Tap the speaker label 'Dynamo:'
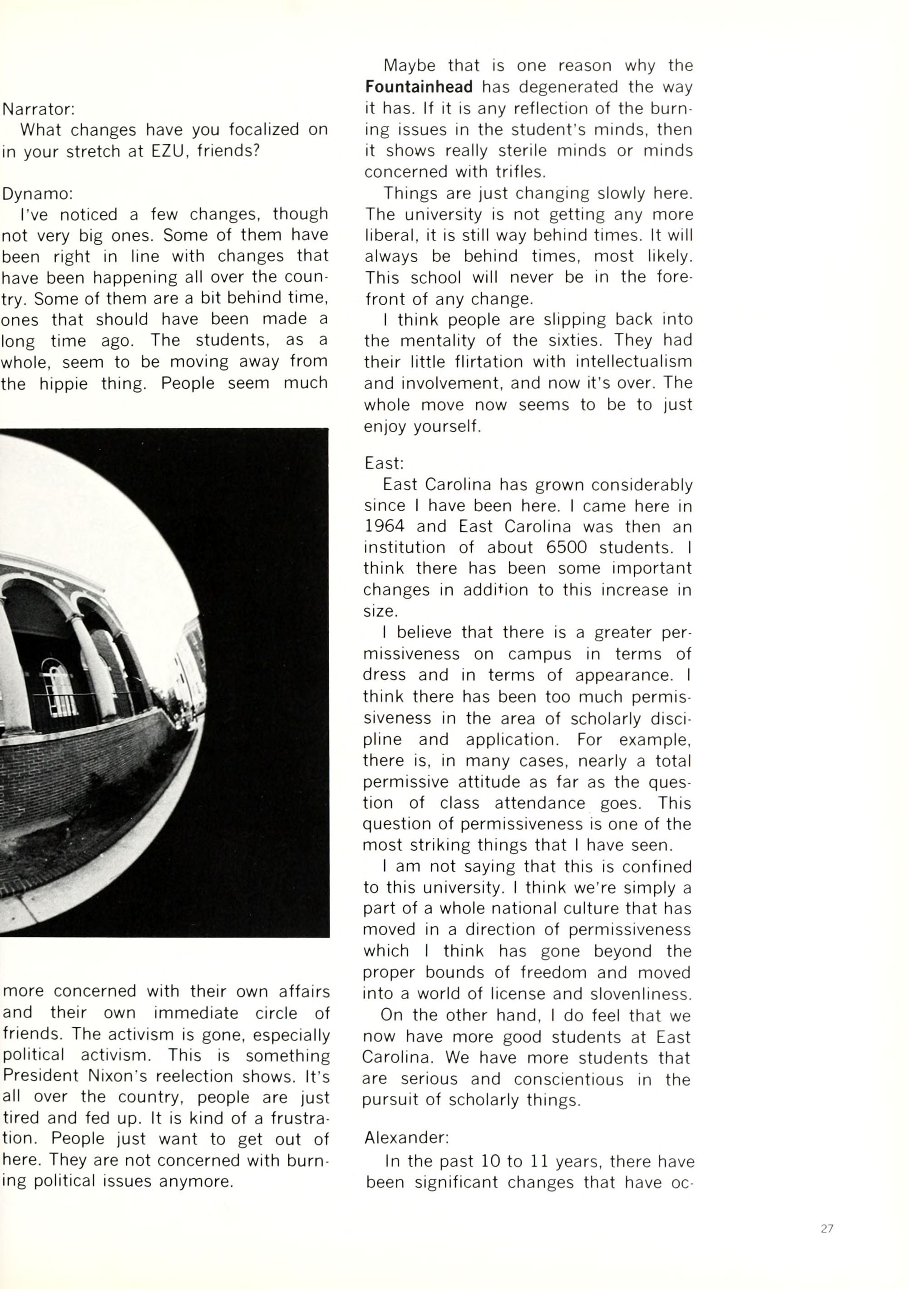pyautogui.click(x=37, y=194)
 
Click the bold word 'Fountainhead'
pyautogui.click(x=419, y=87)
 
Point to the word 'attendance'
pyautogui.click(x=539, y=803)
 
